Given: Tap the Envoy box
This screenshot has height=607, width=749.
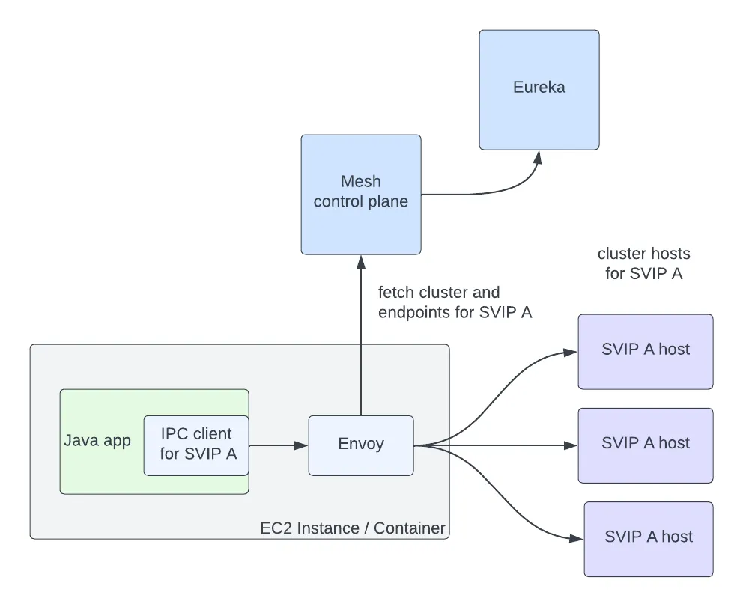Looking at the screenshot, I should click(x=361, y=445).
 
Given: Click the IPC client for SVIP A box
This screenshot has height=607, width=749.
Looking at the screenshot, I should click(x=196, y=445).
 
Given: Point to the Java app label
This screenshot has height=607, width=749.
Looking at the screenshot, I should click(x=97, y=440).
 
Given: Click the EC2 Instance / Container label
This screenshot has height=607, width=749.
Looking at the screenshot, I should click(x=353, y=528).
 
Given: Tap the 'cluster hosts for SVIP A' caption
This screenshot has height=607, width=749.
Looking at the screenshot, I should click(x=644, y=263).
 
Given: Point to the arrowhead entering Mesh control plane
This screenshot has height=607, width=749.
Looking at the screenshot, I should click(x=361, y=261).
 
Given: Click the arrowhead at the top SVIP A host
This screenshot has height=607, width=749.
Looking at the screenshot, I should click(x=571, y=351).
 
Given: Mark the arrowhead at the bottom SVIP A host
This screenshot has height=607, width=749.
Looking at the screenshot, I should click(x=577, y=538).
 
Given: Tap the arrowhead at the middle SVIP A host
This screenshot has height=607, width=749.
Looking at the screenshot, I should click(x=571, y=445).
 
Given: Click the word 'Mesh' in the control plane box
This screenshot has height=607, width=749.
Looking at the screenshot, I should click(x=361, y=181).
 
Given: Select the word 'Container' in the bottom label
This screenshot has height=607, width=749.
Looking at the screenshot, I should click(x=410, y=528).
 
